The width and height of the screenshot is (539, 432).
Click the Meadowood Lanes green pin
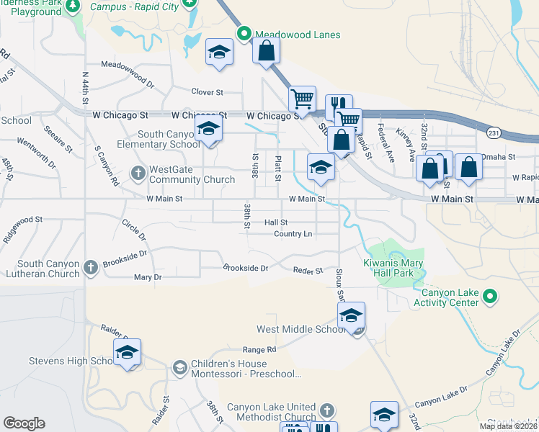coord(244,34)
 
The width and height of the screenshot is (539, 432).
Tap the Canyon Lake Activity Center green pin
coord(489,295)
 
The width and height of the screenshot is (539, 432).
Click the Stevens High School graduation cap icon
coord(127,351)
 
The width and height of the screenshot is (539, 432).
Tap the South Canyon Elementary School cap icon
coord(208,128)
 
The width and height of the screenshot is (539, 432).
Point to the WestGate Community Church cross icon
coord(138,173)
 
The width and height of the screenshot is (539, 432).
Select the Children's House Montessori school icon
coord(179,368)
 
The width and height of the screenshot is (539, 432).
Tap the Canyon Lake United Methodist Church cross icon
coord(326,410)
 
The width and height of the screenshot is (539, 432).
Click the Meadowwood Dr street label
coord(128,84)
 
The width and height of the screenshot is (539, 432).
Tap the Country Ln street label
coord(293,234)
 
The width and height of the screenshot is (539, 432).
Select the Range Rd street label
coord(259,349)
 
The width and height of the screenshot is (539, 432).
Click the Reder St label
coord(308,271)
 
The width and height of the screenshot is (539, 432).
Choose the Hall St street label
coord(276,223)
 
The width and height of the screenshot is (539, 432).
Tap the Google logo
coord(24,423)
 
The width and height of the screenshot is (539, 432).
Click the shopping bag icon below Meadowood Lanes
coord(266,50)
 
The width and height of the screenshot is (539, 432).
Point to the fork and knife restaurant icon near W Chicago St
coord(338,106)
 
